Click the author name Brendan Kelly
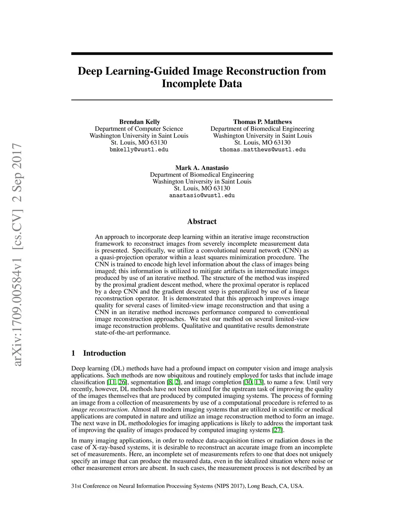click(140, 122)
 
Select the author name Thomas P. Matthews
click(262, 122)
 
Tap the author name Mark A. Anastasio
click(202, 168)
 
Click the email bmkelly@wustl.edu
click(139, 150)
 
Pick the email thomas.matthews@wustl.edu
click(262, 150)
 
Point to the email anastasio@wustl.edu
click(202, 195)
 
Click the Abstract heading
click(202, 221)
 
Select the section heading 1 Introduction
click(99, 353)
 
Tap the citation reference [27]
click(278, 430)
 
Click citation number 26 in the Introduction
click(122, 382)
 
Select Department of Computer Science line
click(139, 129)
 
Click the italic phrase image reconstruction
click(100, 409)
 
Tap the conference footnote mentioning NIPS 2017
click(187, 486)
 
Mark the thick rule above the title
click(202, 53)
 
